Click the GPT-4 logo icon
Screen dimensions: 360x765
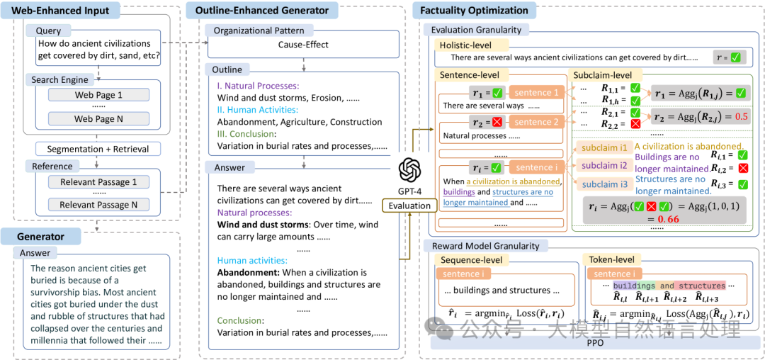point(409,171)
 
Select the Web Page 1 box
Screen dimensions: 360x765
point(98,95)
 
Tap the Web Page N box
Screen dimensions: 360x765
point(98,119)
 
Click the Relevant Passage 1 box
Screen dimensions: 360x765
point(98,181)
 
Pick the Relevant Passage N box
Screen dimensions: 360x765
point(98,205)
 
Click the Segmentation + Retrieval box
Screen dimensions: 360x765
point(98,149)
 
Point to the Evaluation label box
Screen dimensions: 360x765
point(409,206)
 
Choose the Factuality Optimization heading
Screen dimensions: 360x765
point(473,11)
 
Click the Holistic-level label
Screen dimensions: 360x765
point(467,45)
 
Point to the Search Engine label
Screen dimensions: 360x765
point(60,79)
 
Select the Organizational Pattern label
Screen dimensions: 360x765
point(259,30)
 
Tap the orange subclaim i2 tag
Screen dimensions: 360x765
point(603,165)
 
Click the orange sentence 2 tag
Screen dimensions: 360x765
point(536,121)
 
